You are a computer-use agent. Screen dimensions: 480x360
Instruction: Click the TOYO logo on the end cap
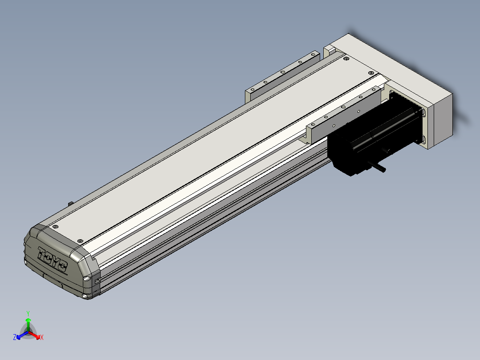[x=52, y=258]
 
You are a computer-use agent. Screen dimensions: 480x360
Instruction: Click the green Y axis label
[x=28, y=313]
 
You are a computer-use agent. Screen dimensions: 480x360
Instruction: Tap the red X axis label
[x=42, y=337]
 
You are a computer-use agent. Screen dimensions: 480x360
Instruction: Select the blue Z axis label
[x=15, y=337]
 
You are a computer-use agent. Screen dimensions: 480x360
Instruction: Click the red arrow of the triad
[x=34, y=335]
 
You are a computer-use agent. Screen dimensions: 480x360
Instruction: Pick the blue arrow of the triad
[x=22, y=335]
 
